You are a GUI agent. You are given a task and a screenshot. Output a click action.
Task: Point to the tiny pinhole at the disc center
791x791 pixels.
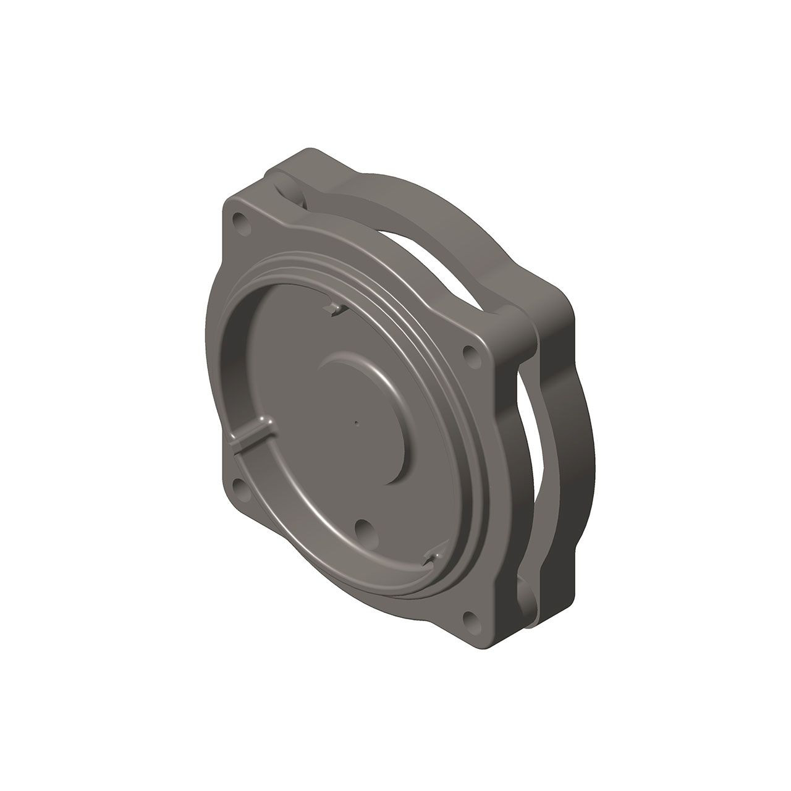pos(357,423)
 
